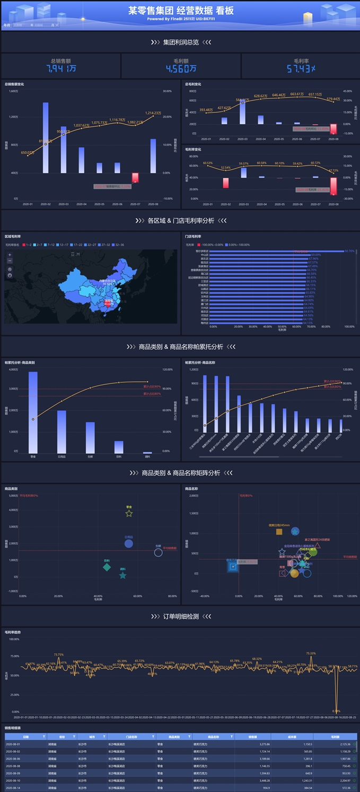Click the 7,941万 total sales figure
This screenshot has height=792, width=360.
[x=61, y=69]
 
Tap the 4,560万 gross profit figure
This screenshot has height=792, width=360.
[x=181, y=69]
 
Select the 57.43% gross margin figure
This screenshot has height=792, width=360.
[x=301, y=69]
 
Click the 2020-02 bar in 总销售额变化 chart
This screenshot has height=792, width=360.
[x=46, y=138]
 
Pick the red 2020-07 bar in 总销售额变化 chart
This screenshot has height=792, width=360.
[x=135, y=178]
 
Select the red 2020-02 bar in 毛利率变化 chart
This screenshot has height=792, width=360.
[x=226, y=183]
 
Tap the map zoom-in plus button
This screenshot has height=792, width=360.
[x=10, y=255]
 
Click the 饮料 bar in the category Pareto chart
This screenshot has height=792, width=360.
[x=119, y=447]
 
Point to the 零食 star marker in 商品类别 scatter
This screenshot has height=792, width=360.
[x=129, y=513]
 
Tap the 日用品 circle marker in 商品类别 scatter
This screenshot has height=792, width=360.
[x=128, y=543]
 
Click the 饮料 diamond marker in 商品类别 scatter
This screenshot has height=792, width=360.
[x=107, y=567]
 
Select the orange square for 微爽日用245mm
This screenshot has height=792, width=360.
[x=279, y=531]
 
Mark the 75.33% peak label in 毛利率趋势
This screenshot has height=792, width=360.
[x=311, y=654]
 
